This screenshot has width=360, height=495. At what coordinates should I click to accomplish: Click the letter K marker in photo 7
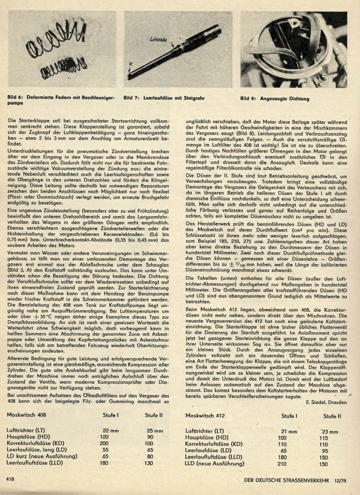point(129,64)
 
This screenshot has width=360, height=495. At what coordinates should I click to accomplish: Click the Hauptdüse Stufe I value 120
point(104,437)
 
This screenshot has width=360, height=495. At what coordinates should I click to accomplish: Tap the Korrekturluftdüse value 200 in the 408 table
point(104,443)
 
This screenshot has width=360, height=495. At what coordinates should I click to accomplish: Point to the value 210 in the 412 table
point(282,463)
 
